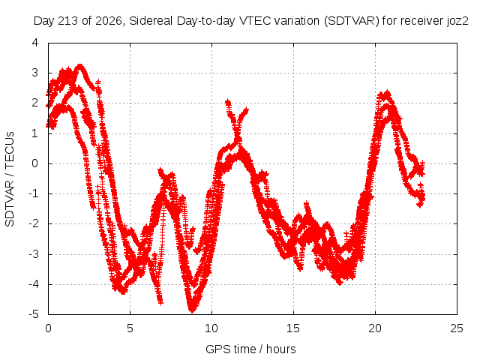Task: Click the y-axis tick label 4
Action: click(x=35, y=43)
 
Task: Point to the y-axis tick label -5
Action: click(x=33, y=314)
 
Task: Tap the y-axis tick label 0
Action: click(x=35, y=163)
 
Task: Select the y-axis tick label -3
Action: click(x=33, y=254)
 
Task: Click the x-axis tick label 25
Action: click(x=457, y=328)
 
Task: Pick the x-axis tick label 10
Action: click(x=211, y=328)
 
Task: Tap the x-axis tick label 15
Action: click(x=293, y=328)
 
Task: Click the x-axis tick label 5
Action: click(x=130, y=328)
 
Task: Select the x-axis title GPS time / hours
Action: click(x=250, y=349)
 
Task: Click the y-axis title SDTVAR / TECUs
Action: click(x=10, y=179)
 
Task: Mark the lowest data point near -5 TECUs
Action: click(x=192, y=310)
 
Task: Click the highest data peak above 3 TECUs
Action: click(x=80, y=65)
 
